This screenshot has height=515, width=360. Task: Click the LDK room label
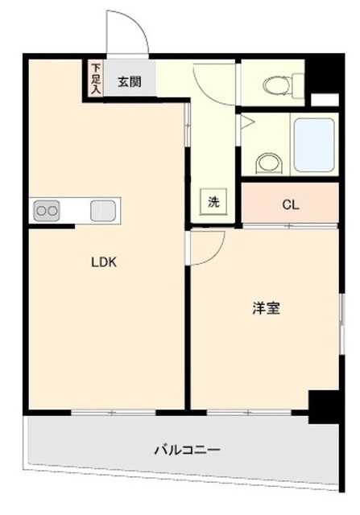pyautogui.click(x=104, y=262)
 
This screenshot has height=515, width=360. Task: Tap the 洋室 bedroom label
pyautogui.click(x=266, y=308)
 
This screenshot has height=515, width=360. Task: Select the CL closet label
pyautogui.click(x=291, y=205)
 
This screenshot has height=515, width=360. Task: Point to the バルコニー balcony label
pyautogui.click(x=188, y=449)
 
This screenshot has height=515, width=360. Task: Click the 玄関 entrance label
pyautogui.click(x=130, y=82)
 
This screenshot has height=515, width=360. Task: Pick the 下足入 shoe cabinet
pyautogui.click(x=96, y=78)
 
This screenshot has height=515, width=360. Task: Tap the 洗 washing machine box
pyautogui.click(x=213, y=202)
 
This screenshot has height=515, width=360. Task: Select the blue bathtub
pyautogui.click(x=314, y=145)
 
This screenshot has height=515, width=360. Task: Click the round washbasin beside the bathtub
pyautogui.click(x=270, y=163)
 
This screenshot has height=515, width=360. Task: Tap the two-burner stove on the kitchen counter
pyautogui.click(x=47, y=211)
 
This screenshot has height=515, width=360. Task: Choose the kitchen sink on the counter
pyautogui.click(x=103, y=211)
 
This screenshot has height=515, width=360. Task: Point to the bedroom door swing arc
pyautogui.click(x=216, y=253)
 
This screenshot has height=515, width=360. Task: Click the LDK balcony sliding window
pyautogui.click(x=114, y=412)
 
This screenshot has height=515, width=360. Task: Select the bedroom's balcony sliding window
pyautogui.click(x=249, y=412)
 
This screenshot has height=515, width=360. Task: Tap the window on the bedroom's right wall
pyautogui.click(x=342, y=324)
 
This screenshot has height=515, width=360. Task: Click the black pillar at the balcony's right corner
pyautogui.click(x=323, y=407)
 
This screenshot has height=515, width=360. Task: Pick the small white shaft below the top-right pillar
pyautogui.click(x=325, y=100)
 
